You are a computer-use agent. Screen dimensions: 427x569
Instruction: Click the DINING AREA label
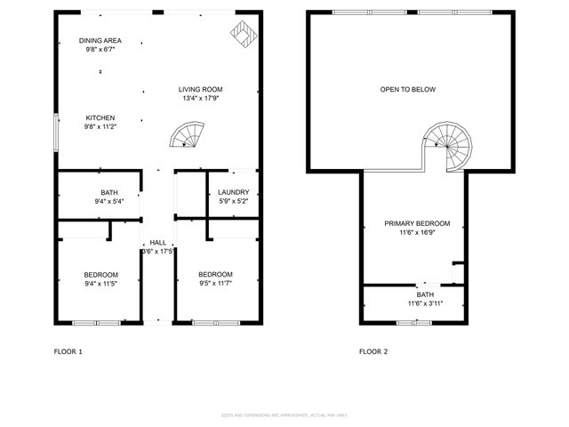(x=100, y=41)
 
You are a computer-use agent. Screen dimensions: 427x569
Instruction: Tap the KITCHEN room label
(x=100, y=117)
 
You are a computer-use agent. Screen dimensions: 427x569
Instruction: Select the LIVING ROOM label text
(x=200, y=89)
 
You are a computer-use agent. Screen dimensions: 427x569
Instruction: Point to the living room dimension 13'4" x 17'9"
(x=200, y=99)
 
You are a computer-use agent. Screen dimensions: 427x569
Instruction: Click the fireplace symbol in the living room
(x=242, y=36)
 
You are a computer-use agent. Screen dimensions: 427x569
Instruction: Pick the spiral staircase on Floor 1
(x=188, y=136)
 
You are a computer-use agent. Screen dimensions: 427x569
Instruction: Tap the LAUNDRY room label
(x=234, y=192)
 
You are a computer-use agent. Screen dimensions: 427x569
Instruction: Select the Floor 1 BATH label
(x=109, y=192)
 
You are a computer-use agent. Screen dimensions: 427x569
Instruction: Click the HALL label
(x=157, y=242)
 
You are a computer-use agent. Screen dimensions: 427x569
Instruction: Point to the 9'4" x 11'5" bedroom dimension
(x=100, y=284)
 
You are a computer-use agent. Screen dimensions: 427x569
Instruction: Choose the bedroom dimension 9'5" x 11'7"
(x=215, y=284)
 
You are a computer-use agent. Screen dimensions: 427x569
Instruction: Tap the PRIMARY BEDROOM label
(x=417, y=223)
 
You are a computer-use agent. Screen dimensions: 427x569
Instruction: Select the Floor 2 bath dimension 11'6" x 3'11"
(x=425, y=303)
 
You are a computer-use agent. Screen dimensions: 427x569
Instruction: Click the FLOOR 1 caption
(x=68, y=351)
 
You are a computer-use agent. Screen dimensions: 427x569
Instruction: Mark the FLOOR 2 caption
(x=373, y=351)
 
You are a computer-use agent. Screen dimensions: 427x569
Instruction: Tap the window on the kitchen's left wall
(x=56, y=132)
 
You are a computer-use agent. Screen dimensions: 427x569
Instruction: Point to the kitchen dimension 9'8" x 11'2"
(x=100, y=127)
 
